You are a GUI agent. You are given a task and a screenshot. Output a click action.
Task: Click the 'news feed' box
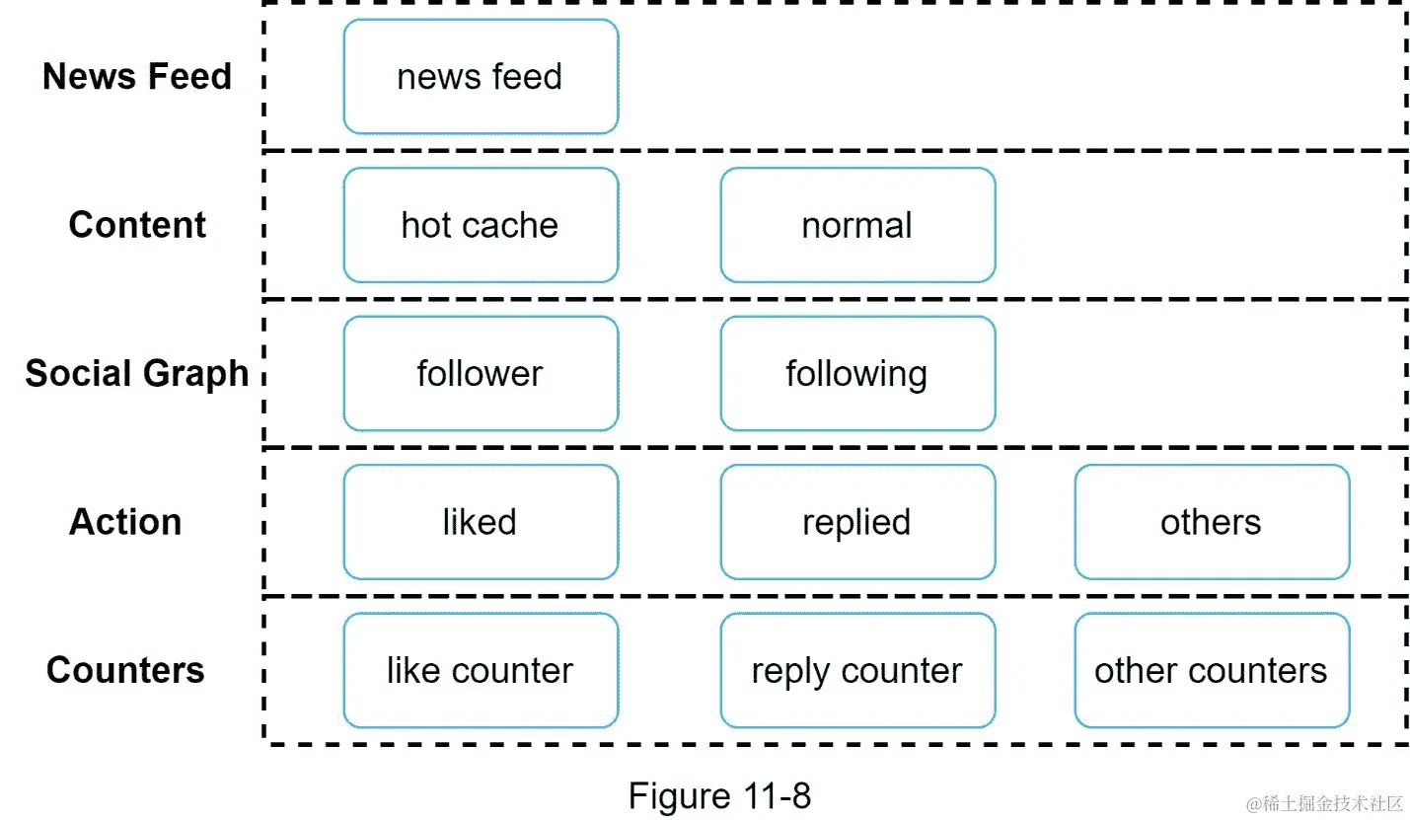coord(481,77)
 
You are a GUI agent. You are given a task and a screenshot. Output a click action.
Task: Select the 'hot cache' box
coord(481,225)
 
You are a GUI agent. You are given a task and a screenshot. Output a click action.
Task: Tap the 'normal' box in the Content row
coord(856,225)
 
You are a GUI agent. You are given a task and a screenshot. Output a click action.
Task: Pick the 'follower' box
coord(481,374)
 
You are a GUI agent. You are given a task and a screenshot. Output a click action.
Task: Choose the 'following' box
coord(856,374)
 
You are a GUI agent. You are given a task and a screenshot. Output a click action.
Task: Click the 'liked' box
coord(481,522)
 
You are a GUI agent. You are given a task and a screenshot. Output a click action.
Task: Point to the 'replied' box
coord(856,522)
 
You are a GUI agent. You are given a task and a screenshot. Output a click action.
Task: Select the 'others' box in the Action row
coord(1211,522)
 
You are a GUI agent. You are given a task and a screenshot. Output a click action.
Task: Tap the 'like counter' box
coord(481,671)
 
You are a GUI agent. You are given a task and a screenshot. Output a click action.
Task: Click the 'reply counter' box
coord(856,671)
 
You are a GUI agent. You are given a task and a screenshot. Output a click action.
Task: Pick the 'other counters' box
coord(1211,671)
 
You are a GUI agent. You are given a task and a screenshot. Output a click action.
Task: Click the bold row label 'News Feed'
coord(137,76)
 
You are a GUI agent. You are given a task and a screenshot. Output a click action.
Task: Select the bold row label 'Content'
coord(137,225)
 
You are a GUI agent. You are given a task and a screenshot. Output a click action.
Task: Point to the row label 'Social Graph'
coord(137,374)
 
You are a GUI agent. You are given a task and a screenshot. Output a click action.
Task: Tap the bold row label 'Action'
coord(125,522)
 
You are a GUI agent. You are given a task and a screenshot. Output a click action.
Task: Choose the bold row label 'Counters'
coord(125,671)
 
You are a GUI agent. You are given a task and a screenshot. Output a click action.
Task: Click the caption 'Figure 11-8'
coord(719,795)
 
